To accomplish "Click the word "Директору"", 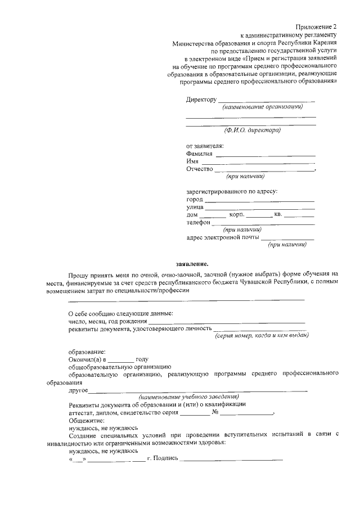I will coord(201,100).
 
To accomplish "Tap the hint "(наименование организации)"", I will coord(262,106).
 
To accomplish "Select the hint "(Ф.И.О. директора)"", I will coord(252,130).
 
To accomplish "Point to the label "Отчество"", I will coord(199,169).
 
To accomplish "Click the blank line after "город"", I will coord(259,200).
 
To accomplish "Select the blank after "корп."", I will coord(259,216).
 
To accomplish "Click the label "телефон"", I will coord(199,222).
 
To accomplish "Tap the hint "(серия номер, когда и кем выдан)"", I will coord(262,336).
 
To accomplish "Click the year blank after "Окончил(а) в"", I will coord(121,360).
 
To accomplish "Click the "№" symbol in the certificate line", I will coord(215,412).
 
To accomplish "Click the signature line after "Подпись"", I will coord(231,459).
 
